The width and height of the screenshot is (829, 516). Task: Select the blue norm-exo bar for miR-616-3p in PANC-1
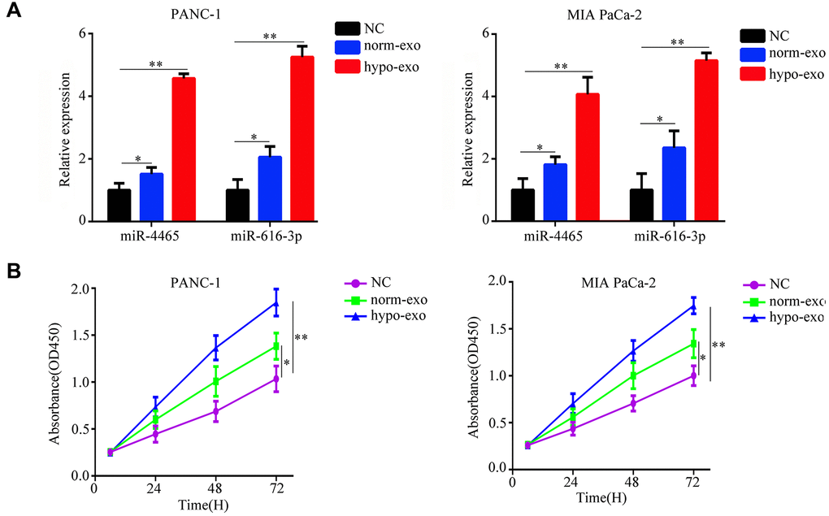point(270,189)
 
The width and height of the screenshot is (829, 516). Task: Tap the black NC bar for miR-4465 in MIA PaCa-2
point(523,205)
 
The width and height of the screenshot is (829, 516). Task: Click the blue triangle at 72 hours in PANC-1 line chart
point(276,304)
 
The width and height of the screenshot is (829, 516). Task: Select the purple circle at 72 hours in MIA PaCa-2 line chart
point(694,375)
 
